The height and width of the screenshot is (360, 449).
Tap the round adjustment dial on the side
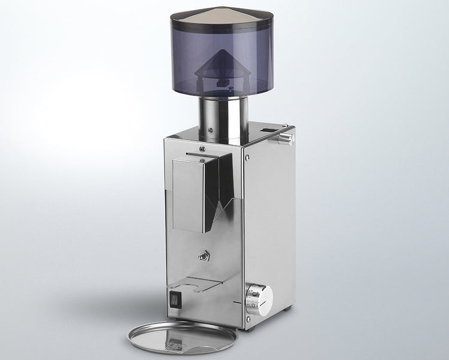[259, 295]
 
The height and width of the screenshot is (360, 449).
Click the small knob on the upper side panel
[288, 138]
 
